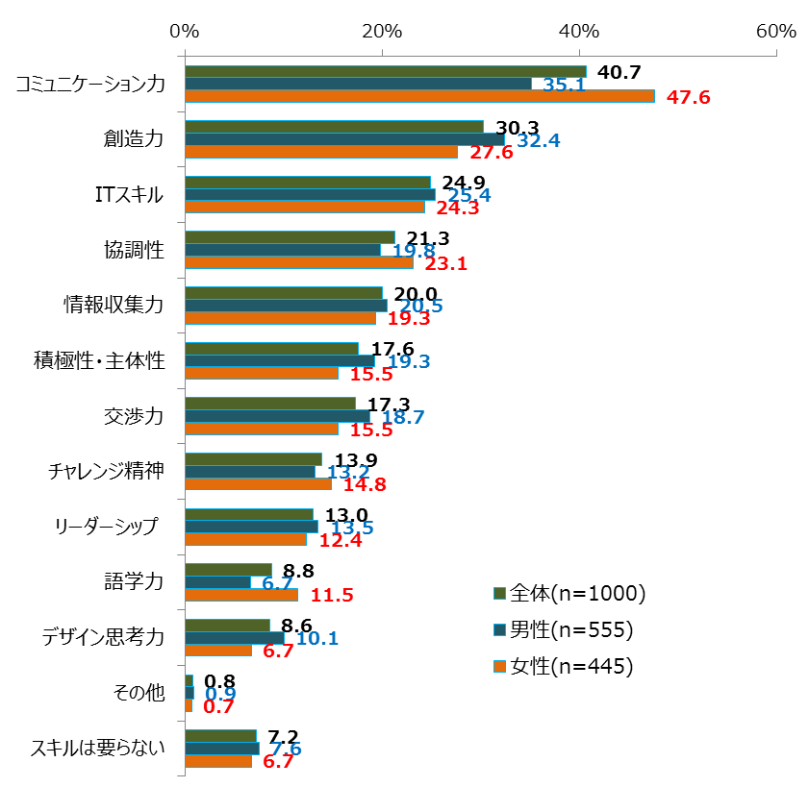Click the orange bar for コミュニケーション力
[418, 96]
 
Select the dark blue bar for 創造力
[343, 139]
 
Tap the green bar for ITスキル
[307, 182]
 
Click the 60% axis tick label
[776, 31]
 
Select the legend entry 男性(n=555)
[563, 629]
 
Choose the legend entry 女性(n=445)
[563, 666]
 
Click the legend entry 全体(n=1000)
[569, 593]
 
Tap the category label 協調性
[134, 250]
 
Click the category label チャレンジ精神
[107, 471]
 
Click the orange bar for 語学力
[240, 595]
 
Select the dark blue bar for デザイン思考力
[234, 638]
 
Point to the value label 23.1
[446, 263]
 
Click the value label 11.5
[333, 596]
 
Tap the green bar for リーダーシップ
[248, 514]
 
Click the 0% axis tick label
[184, 31]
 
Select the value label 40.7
[619, 71]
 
